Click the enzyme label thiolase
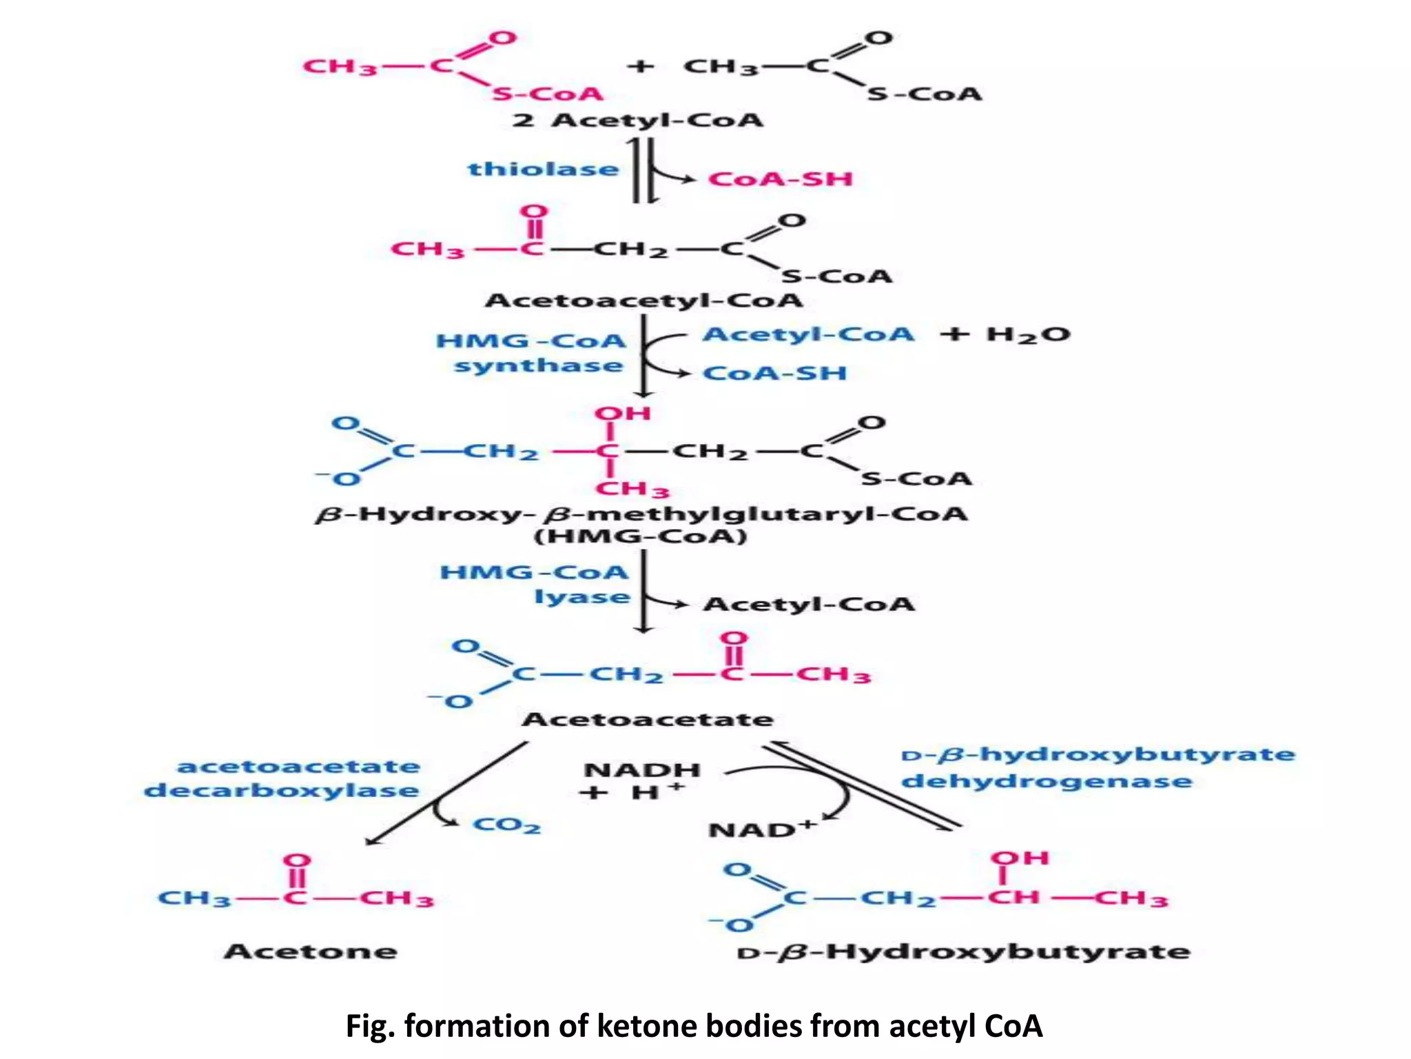pyautogui.click(x=543, y=170)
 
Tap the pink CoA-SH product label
pyautogui.click(x=781, y=179)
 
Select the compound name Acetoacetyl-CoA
pyautogui.click(x=644, y=301)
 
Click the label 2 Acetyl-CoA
pyautogui.click(x=637, y=121)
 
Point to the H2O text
pyautogui.click(x=1028, y=335)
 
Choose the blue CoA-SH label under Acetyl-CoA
pyautogui.click(x=774, y=374)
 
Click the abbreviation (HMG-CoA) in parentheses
pyautogui.click(x=641, y=536)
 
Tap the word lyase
pyautogui.click(x=582, y=597)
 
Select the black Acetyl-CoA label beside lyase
pyautogui.click(x=809, y=605)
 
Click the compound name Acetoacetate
pyautogui.click(x=648, y=720)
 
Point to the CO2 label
pyautogui.click(x=506, y=825)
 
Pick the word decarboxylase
pyautogui.click(x=281, y=791)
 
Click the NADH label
pyautogui.click(x=641, y=770)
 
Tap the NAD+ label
pyautogui.click(x=761, y=829)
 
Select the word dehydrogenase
pyautogui.click(x=1047, y=782)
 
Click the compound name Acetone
pyautogui.click(x=311, y=952)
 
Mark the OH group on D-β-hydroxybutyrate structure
pyautogui.click(x=1019, y=858)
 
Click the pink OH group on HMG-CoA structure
pyautogui.click(x=622, y=414)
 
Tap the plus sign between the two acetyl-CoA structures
pyautogui.click(x=640, y=67)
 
